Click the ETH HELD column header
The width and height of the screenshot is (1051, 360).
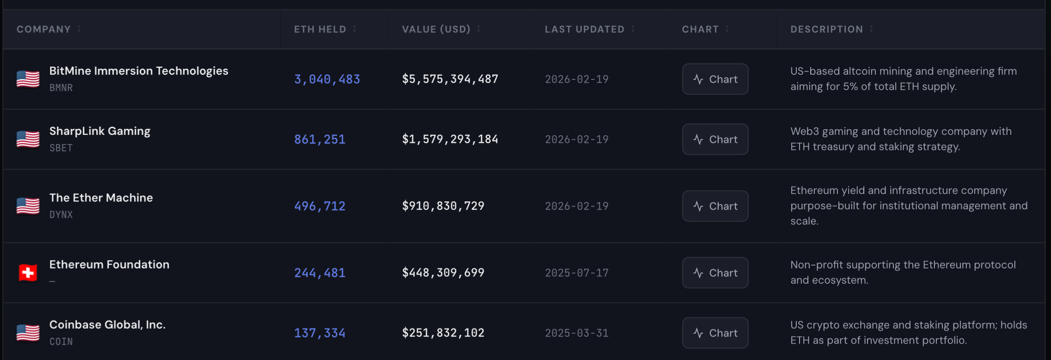point(320,29)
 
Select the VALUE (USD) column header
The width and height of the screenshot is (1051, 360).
point(436,29)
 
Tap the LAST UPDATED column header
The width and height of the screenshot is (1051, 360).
point(584,29)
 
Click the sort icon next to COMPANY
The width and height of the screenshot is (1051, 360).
point(79,29)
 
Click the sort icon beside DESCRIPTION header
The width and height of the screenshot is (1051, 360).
point(871,29)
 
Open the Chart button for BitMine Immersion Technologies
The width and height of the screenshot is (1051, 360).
point(715,79)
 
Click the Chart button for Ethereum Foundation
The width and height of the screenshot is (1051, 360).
point(715,273)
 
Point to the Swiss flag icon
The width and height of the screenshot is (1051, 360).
point(28,273)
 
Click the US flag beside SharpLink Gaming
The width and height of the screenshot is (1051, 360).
point(28,139)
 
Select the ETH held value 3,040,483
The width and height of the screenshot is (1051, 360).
point(327,79)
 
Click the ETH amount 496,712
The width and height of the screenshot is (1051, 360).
point(320,206)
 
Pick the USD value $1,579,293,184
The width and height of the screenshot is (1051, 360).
point(450,139)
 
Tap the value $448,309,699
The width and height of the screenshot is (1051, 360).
point(443,273)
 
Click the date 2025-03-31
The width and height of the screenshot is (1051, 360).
point(576,333)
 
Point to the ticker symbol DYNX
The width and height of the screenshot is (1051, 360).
point(61,214)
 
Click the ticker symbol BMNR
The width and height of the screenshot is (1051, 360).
point(61,88)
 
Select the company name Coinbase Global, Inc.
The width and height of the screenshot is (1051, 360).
point(107,325)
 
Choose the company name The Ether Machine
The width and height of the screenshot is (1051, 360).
point(101,198)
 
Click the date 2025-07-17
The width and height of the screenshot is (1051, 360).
point(576,273)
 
